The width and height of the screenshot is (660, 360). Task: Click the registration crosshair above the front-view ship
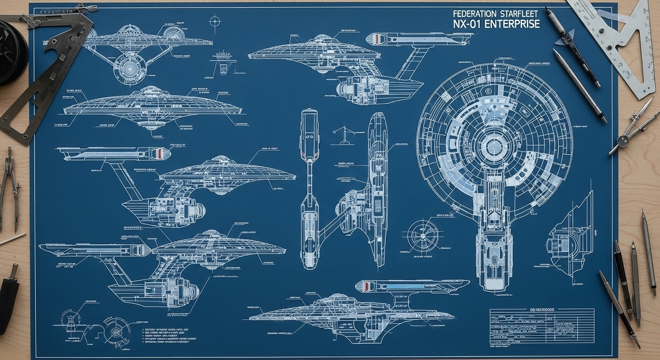pos(215,21)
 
